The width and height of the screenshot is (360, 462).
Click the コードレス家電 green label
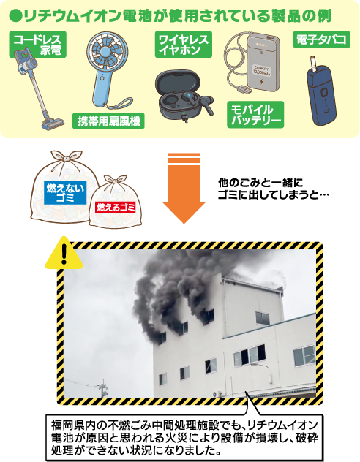38,44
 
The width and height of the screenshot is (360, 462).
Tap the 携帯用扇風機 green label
108,121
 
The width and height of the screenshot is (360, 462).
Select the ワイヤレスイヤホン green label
184,44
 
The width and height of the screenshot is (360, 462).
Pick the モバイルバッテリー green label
255,115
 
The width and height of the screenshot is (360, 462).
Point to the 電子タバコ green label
322,39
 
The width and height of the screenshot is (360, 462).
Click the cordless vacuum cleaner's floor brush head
53,124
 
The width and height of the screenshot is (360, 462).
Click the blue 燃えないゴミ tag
65,193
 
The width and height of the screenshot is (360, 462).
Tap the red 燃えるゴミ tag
116,208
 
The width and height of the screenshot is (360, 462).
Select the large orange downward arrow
184,189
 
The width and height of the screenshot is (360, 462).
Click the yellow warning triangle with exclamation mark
64,254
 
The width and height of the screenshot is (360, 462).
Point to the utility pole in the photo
103,388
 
